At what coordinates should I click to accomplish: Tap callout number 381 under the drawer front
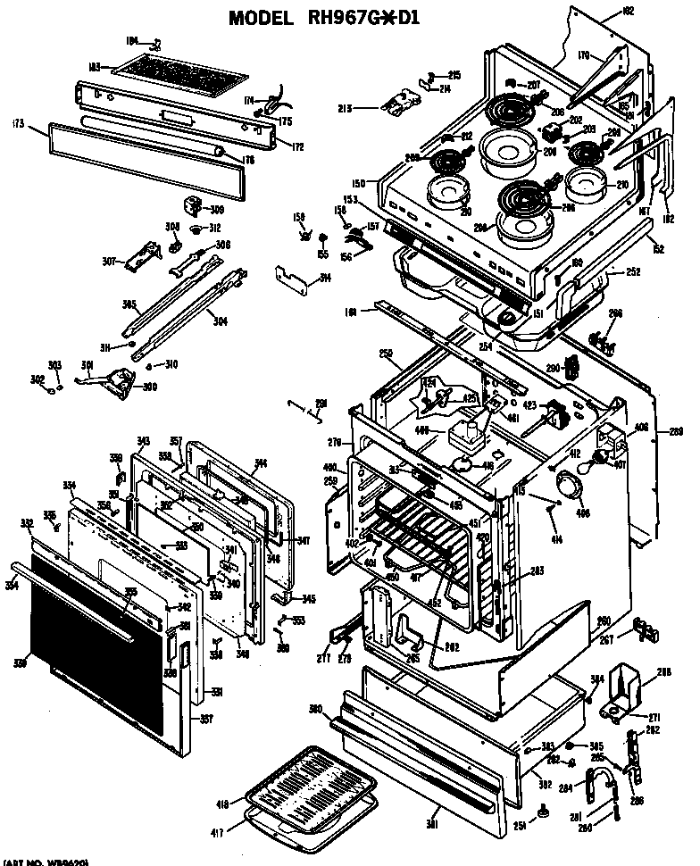pyautogui.click(x=433, y=823)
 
